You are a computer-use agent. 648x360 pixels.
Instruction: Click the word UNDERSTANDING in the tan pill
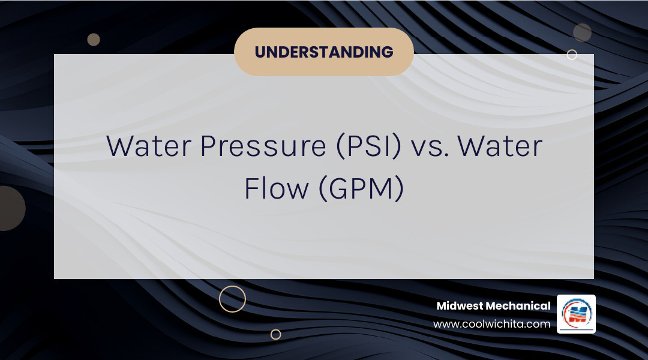[x=324, y=52]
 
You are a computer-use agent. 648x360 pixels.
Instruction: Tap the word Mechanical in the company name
[x=518, y=306]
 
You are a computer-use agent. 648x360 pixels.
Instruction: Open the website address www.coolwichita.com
[x=491, y=324]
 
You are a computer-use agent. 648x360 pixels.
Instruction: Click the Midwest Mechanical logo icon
[x=576, y=314]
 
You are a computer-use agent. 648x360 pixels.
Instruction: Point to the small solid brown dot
[x=93, y=40]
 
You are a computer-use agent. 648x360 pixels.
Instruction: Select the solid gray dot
[x=582, y=32]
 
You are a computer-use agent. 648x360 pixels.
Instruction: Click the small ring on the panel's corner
[x=572, y=55]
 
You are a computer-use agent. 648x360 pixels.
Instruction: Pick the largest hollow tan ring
[x=232, y=299]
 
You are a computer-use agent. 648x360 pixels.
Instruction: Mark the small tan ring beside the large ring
[x=275, y=334]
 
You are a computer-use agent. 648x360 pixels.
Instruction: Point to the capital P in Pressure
[x=208, y=147]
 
